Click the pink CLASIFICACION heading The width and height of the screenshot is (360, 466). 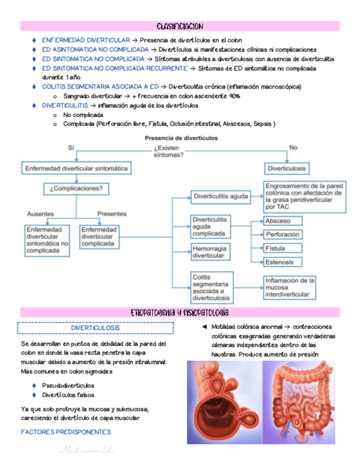(x=180, y=26)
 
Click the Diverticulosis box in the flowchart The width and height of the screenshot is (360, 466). (x=286, y=168)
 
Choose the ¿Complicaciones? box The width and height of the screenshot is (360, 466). (x=76, y=188)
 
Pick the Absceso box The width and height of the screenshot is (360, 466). (x=284, y=221)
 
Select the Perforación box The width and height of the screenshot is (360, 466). (x=284, y=235)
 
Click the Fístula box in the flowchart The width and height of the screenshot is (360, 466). (x=284, y=248)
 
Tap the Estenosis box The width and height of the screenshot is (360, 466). (x=284, y=263)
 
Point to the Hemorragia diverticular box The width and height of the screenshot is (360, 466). (x=209, y=253)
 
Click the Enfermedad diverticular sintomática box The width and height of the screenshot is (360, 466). (x=76, y=168)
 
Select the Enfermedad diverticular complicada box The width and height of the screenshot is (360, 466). (x=99, y=236)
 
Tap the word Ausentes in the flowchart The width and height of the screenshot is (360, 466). (x=40, y=214)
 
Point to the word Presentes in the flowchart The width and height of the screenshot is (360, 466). (x=112, y=214)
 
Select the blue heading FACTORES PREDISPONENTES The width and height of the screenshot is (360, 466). (x=65, y=432)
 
